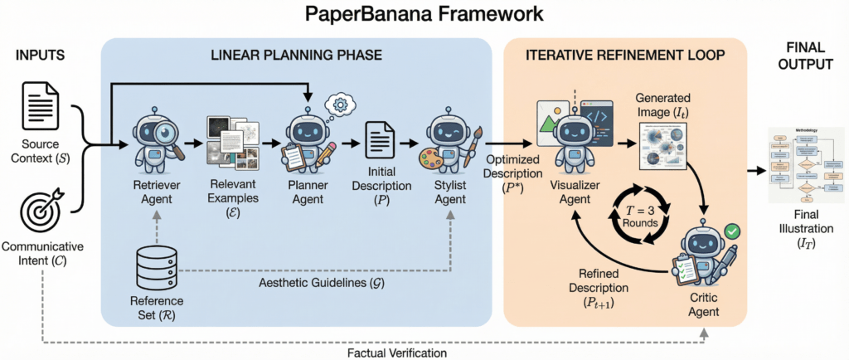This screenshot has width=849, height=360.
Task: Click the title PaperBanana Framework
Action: (424, 14)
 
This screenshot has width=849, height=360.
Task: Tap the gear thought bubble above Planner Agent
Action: (341, 105)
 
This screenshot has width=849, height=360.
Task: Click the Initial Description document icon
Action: (381, 142)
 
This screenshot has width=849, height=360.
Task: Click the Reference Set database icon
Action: (157, 267)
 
